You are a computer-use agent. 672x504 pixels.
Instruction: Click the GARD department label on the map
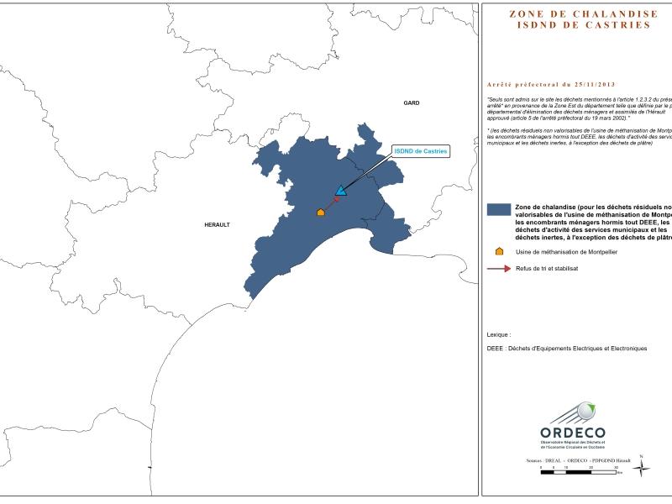tap(411, 102)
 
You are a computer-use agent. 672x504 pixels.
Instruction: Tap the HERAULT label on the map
tap(217, 225)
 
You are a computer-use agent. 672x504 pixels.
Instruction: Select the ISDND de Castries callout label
tap(421, 151)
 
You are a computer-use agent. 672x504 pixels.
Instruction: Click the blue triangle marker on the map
tap(340, 192)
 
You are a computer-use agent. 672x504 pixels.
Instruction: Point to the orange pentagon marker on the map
tap(320, 213)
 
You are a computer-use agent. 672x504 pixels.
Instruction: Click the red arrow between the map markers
tap(331, 203)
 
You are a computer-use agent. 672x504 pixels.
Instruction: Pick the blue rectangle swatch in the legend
tap(500, 210)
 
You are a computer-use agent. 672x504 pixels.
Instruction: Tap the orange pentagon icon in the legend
tap(500, 251)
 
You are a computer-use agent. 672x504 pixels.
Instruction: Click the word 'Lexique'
tap(498, 334)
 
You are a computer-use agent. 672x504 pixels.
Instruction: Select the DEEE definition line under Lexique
tap(567, 349)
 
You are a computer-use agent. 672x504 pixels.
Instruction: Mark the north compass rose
tap(642, 467)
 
